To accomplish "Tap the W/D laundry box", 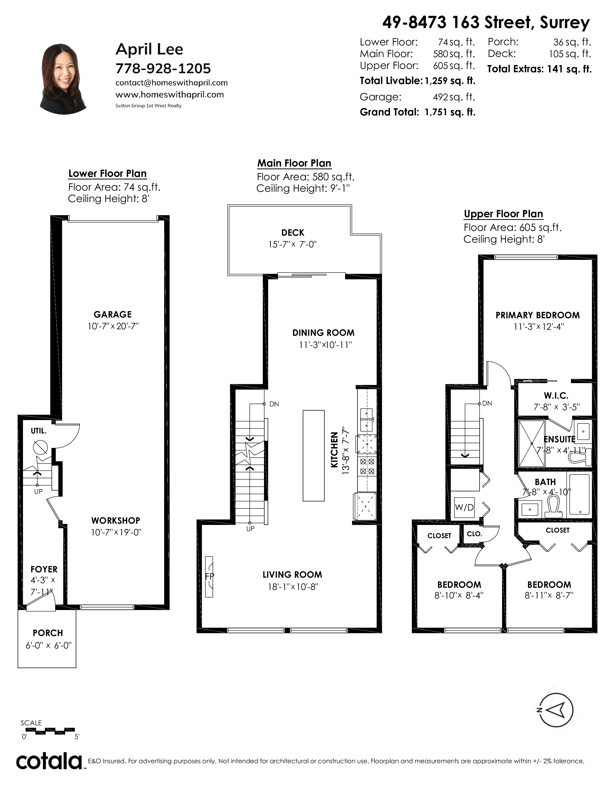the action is (464, 507).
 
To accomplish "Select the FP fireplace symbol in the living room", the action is (209, 576).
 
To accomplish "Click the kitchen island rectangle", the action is (314, 456).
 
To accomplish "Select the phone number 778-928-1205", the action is (163, 68).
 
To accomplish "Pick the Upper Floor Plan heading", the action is (504, 214).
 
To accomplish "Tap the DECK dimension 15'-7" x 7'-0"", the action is (292, 244).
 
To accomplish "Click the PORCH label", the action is (48, 633).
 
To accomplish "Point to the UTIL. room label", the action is (39, 431).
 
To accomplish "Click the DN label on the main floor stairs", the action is (274, 404).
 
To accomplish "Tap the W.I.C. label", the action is (556, 396).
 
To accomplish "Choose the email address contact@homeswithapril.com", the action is (172, 83).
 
